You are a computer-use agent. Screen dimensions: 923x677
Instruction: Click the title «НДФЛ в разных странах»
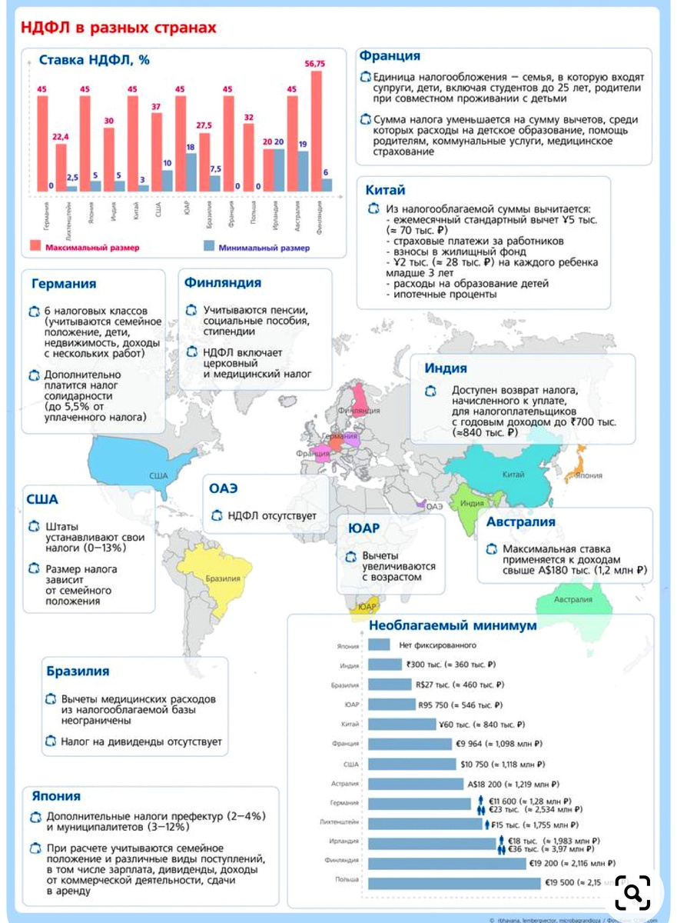point(118,28)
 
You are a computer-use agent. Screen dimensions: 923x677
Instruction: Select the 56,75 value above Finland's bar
point(315,64)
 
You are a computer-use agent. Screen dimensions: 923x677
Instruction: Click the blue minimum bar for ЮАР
point(191,172)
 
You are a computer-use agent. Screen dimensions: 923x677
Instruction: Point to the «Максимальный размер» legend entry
point(85,248)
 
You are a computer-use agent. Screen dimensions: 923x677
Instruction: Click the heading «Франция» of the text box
point(390,56)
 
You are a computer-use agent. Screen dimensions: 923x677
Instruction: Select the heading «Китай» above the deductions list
point(387,190)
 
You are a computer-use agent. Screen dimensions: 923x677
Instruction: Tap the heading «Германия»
point(64,283)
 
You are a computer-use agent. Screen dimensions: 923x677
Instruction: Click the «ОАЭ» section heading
point(224,488)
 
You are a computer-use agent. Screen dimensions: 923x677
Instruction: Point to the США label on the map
point(158,475)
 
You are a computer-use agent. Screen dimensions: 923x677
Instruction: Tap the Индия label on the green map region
point(472,503)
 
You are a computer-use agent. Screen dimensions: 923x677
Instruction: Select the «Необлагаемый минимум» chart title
point(453,625)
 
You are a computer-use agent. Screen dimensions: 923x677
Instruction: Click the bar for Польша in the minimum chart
point(454,882)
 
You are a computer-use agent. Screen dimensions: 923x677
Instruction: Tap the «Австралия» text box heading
point(520,522)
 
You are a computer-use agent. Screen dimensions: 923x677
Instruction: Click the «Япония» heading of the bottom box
point(56,796)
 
